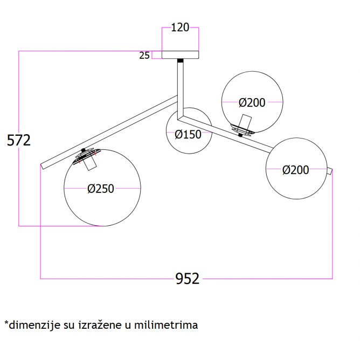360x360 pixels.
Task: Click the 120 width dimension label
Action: point(180,27)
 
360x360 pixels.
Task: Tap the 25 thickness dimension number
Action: point(144,56)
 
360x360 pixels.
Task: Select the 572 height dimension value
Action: point(19,140)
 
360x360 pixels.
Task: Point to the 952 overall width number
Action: point(188,279)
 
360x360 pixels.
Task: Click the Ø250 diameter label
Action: point(101,189)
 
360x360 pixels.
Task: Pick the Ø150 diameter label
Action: point(188,135)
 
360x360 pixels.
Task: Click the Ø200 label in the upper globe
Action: point(252,102)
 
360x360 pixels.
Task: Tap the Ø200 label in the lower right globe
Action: point(295,170)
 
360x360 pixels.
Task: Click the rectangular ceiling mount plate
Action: point(180,54)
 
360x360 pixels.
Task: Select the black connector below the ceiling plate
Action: point(180,60)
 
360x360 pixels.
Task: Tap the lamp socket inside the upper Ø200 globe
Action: point(245,121)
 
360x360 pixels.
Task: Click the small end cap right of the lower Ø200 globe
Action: point(330,171)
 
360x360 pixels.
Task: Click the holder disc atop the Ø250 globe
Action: point(87,156)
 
